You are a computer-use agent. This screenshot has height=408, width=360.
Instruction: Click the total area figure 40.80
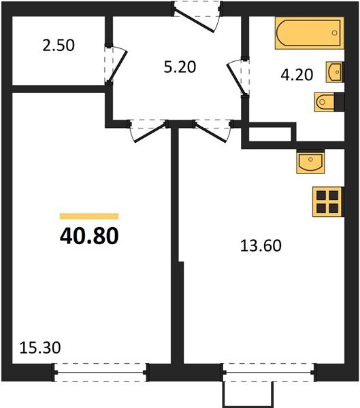coord(89,236)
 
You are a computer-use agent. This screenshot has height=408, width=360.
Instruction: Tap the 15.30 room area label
coord(37,347)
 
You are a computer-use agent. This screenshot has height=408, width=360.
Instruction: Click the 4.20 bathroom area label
coord(297,75)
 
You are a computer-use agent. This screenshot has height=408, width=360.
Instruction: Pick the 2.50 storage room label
coord(58,46)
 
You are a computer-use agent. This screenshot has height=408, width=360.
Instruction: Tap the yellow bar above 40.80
coord(89,216)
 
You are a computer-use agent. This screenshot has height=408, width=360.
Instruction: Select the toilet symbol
coord(325,103)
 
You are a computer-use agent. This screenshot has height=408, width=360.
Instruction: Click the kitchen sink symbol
coord(311,162)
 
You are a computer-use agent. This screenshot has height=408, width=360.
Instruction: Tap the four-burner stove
coord(327,201)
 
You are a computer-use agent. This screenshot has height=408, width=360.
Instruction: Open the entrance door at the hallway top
coord(195,16)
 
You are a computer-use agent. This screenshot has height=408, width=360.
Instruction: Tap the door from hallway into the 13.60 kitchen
coord(212,129)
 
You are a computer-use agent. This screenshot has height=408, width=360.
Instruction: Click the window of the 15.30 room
coord(100,372)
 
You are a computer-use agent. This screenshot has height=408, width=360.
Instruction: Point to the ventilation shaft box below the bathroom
coord(269,134)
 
